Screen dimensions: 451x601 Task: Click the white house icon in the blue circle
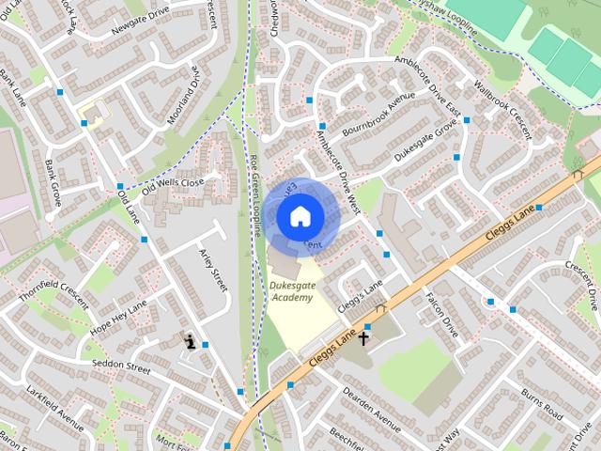(300, 216)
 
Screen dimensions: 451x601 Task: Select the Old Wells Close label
(173, 183)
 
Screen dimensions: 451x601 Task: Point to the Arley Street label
(213, 270)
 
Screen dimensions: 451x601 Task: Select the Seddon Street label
(116, 366)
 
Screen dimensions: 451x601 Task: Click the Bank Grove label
(53, 182)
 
